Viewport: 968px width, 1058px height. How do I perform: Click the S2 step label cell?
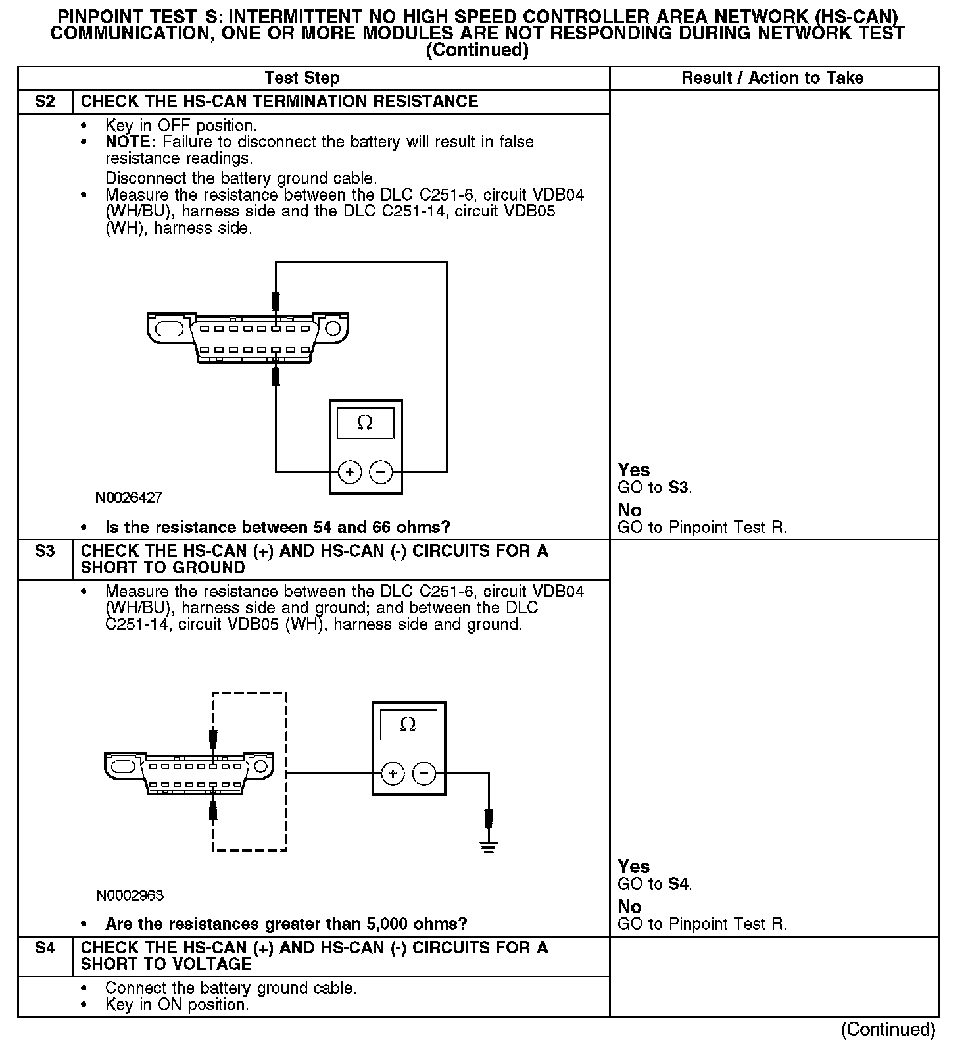(45, 102)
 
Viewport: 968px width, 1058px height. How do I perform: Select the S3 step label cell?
(45, 551)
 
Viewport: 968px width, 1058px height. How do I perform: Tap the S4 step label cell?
(45, 948)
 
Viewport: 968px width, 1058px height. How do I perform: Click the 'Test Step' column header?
(302, 78)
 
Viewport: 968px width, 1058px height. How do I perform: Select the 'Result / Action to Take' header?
(773, 78)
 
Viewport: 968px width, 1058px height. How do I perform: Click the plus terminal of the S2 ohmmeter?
(350, 472)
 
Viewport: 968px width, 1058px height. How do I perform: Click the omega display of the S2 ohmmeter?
(365, 423)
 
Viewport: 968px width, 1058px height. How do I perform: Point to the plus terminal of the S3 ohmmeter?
(393, 774)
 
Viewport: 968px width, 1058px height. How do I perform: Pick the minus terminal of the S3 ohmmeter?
(424, 774)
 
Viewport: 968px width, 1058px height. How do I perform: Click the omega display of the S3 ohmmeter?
(408, 725)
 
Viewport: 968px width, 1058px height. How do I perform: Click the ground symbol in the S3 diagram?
(488, 846)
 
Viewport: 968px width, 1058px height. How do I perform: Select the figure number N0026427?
(129, 498)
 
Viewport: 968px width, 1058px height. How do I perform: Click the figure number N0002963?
(130, 895)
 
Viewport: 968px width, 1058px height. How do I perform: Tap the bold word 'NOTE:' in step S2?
(131, 142)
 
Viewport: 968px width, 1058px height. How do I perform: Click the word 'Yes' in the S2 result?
(634, 470)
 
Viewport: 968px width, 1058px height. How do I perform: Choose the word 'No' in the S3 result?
(629, 907)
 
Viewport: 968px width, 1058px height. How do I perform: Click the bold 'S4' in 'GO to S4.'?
(679, 884)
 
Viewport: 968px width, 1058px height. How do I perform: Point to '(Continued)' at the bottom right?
(888, 1030)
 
